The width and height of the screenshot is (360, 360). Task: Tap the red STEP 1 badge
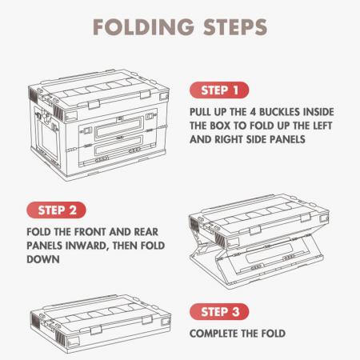[219, 90]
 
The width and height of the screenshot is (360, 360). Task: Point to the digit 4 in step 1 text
[254, 110]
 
